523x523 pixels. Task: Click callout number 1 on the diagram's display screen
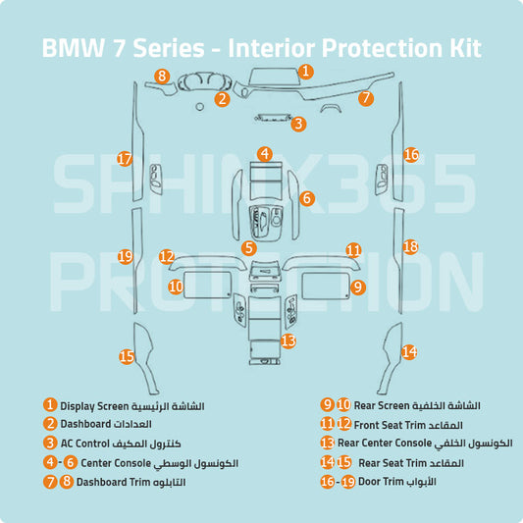[305, 71]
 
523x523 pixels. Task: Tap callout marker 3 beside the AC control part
[298, 125]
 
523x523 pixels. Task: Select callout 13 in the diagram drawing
[288, 340]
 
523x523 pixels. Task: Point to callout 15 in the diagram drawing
[127, 356]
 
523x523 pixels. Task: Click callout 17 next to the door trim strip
[125, 158]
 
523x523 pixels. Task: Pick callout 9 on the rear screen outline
[357, 287]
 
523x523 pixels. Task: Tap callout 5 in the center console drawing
[250, 248]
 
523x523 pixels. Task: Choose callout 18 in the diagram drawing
[410, 246]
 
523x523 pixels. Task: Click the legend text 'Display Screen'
[96, 405]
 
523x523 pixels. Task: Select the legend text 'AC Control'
[86, 444]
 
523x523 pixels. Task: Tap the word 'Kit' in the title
[464, 48]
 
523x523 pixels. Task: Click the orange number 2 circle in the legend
[49, 424]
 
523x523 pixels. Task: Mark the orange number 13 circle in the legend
[327, 444]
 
